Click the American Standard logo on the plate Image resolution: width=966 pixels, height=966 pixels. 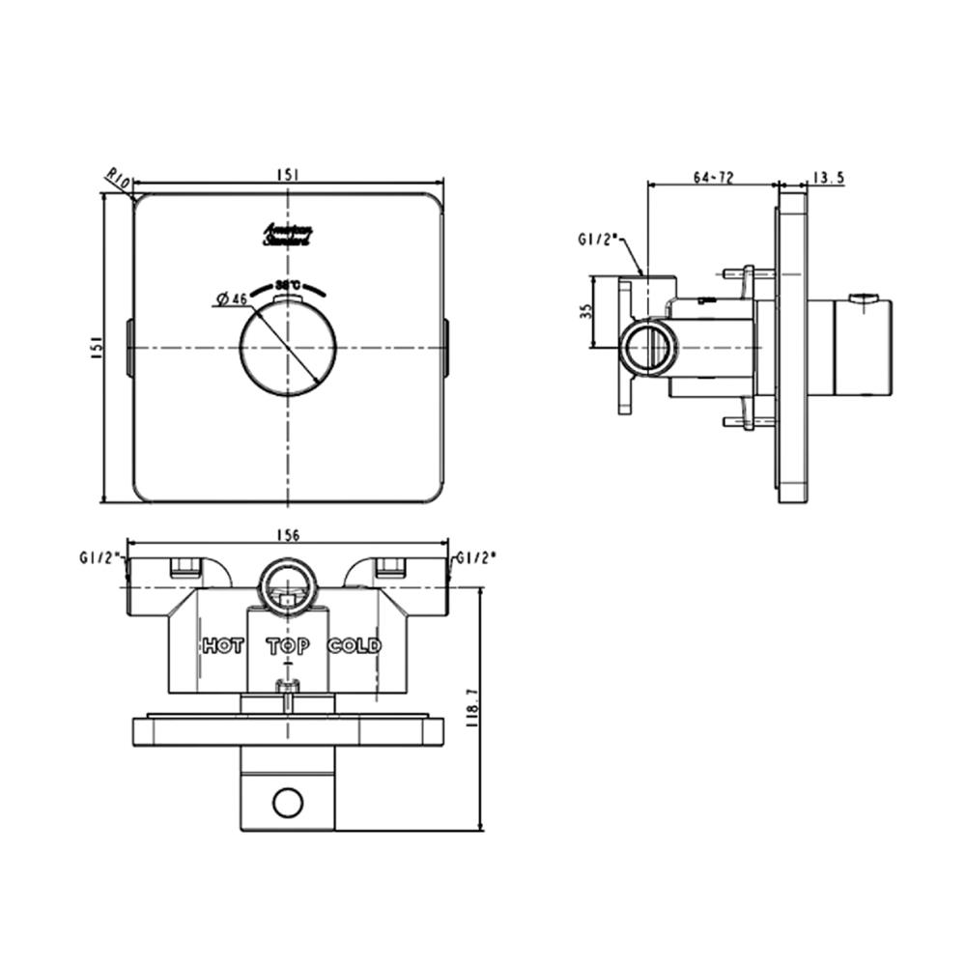point(287,237)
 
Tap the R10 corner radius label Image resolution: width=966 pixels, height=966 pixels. point(118,179)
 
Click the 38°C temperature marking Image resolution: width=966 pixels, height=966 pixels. point(288,285)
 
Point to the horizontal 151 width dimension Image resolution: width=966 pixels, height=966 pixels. point(287,174)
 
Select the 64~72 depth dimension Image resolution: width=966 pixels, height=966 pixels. point(713,177)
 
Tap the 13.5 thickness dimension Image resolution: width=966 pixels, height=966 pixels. point(828,177)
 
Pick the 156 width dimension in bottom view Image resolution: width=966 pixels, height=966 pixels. point(288,534)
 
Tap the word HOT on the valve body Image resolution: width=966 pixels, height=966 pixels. point(222,645)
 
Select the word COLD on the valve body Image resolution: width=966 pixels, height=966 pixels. point(355,645)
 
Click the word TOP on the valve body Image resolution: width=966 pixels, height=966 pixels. point(288,646)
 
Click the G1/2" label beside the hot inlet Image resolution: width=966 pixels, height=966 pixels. point(99,557)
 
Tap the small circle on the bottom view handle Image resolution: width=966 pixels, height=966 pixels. point(288,801)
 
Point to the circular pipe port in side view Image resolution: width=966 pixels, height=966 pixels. point(648,348)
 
